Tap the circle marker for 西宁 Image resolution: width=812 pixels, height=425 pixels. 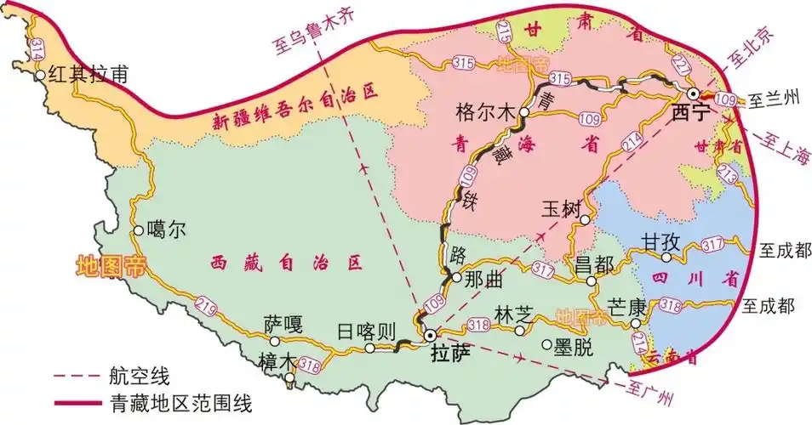pyautogui.click(x=694, y=93)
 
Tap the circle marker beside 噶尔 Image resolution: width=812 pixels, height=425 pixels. pyautogui.click(x=138, y=229)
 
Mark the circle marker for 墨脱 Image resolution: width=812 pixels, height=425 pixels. pyautogui.click(x=547, y=344)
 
